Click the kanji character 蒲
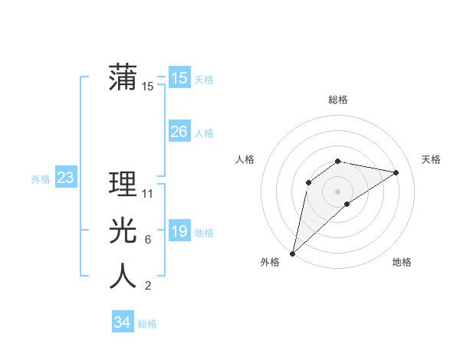point(123,78)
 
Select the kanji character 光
point(123,231)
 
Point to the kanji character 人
point(123,276)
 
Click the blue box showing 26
point(179,132)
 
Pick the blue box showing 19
point(179,231)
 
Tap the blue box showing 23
point(66,178)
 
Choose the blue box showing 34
point(123,322)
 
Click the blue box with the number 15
point(179,78)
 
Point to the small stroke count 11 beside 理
point(148,194)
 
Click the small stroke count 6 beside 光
point(148,240)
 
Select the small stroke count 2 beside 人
point(148,286)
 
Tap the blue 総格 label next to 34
point(147,324)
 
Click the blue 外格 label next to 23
point(41,179)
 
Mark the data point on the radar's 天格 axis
point(396,172)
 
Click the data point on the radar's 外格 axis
point(292,253)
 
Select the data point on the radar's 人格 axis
point(308,182)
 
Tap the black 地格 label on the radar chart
point(402,262)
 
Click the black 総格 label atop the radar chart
point(337,100)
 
